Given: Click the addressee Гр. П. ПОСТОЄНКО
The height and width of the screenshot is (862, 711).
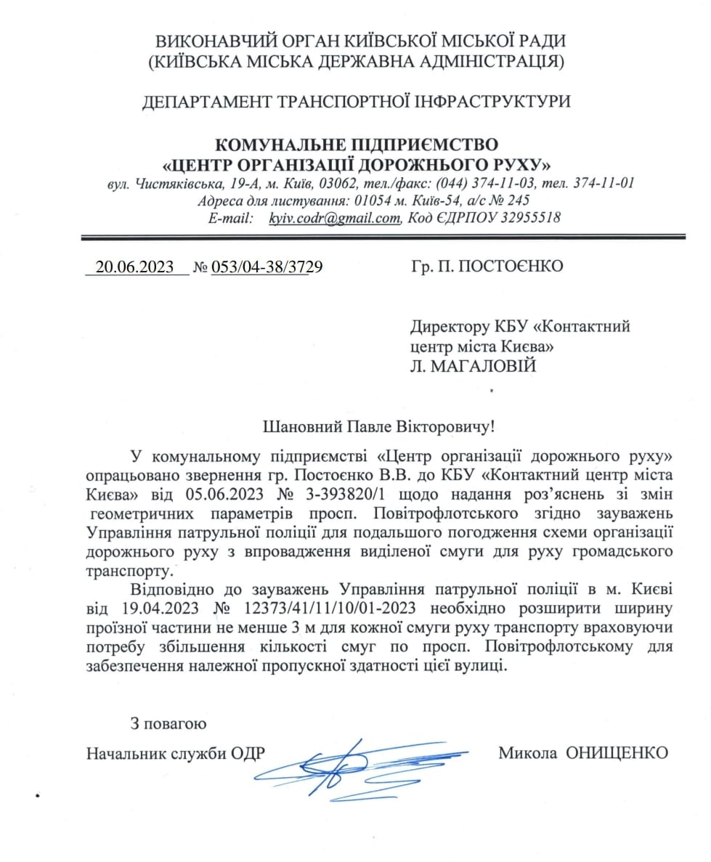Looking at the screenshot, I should [487, 266].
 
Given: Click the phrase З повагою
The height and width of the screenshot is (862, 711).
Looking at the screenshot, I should [168, 723].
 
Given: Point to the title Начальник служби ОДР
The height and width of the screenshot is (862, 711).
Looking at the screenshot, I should [174, 752].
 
